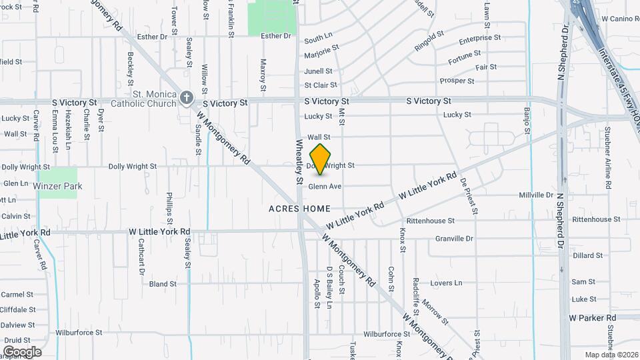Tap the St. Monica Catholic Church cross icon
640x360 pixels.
tap(186, 98)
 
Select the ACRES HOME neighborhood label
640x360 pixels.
tap(299, 209)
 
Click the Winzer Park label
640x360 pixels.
tap(59, 186)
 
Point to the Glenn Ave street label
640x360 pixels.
tap(325, 187)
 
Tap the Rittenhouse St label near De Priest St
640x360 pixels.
tap(430, 220)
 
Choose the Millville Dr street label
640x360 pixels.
tap(536, 195)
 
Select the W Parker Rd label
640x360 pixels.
tap(592, 318)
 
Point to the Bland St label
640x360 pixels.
tap(163, 284)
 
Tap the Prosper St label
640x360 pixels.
tap(457, 81)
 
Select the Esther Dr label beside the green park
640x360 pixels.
tap(276, 36)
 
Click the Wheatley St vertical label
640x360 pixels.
tap(299, 161)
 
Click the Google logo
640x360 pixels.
tap(22, 352)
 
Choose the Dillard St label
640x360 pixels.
tap(587, 255)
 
